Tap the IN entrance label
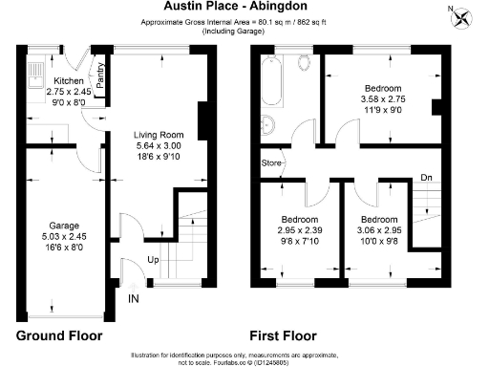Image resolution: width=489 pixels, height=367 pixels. (132, 299)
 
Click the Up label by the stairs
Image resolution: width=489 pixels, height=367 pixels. (153, 259)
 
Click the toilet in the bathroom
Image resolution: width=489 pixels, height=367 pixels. (304, 63)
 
